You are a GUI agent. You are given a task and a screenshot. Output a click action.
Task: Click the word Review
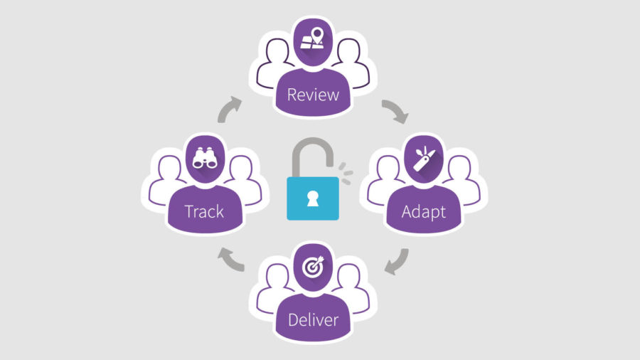(313, 95)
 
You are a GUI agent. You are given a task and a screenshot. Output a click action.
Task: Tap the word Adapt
(423, 212)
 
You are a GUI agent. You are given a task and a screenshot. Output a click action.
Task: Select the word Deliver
(313, 319)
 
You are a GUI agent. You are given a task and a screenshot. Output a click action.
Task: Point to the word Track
(204, 212)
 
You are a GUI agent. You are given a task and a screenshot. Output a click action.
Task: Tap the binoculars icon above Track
(205, 158)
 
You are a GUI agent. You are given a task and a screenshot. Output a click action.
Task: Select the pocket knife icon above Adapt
(424, 159)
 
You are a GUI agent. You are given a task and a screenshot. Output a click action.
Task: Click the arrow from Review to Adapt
(396, 110)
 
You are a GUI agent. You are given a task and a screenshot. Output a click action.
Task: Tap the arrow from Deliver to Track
(230, 260)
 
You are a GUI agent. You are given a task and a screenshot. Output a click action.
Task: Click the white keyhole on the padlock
(313, 198)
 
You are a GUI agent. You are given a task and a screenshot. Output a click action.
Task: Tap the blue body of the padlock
(313, 198)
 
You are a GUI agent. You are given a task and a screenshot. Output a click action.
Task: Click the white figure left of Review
(272, 65)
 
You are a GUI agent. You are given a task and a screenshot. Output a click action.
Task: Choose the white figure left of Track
(164, 181)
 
